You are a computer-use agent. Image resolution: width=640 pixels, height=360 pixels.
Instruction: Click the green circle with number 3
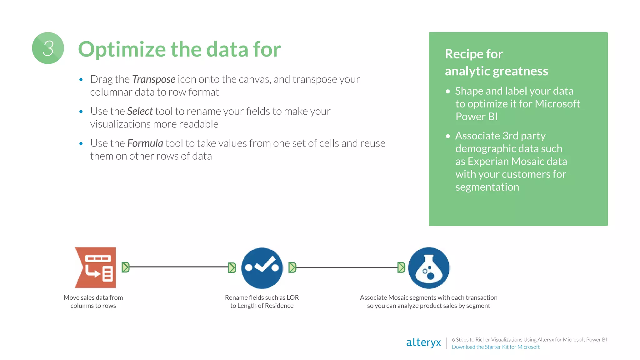(x=48, y=48)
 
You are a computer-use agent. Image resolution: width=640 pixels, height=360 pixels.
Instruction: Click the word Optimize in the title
(x=122, y=49)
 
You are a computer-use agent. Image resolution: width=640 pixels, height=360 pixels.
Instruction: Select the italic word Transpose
(x=153, y=79)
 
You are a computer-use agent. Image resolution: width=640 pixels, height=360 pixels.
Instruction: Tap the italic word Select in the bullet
(x=140, y=111)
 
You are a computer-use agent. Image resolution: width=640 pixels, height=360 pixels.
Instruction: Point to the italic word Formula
(x=145, y=143)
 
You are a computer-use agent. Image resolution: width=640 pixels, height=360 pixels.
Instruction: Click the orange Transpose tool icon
(x=96, y=267)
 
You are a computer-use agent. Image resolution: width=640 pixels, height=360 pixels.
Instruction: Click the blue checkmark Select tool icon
(x=262, y=268)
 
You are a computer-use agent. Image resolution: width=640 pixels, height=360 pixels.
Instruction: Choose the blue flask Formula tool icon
(x=429, y=268)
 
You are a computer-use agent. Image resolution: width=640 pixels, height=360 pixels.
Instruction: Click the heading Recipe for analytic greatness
(x=496, y=62)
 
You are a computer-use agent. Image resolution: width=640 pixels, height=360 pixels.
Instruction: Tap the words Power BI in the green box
(x=476, y=117)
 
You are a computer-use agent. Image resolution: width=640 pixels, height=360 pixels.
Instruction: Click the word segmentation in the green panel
(x=487, y=187)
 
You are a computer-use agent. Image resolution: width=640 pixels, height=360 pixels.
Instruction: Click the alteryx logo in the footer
(x=423, y=342)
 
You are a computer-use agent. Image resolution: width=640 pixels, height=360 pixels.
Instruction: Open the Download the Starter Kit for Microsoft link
(x=496, y=347)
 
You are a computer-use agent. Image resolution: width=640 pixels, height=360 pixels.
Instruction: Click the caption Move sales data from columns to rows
(x=93, y=302)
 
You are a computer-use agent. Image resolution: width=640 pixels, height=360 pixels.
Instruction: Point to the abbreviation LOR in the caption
(x=292, y=297)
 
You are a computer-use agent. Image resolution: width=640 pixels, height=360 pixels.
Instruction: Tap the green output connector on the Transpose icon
(x=125, y=267)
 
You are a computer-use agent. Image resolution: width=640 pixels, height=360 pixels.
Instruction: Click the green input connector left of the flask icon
(x=401, y=267)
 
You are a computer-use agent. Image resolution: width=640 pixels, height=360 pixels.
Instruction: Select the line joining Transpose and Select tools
(x=179, y=267)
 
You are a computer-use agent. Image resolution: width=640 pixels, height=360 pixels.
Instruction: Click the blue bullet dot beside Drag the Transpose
(x=81, y=80)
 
